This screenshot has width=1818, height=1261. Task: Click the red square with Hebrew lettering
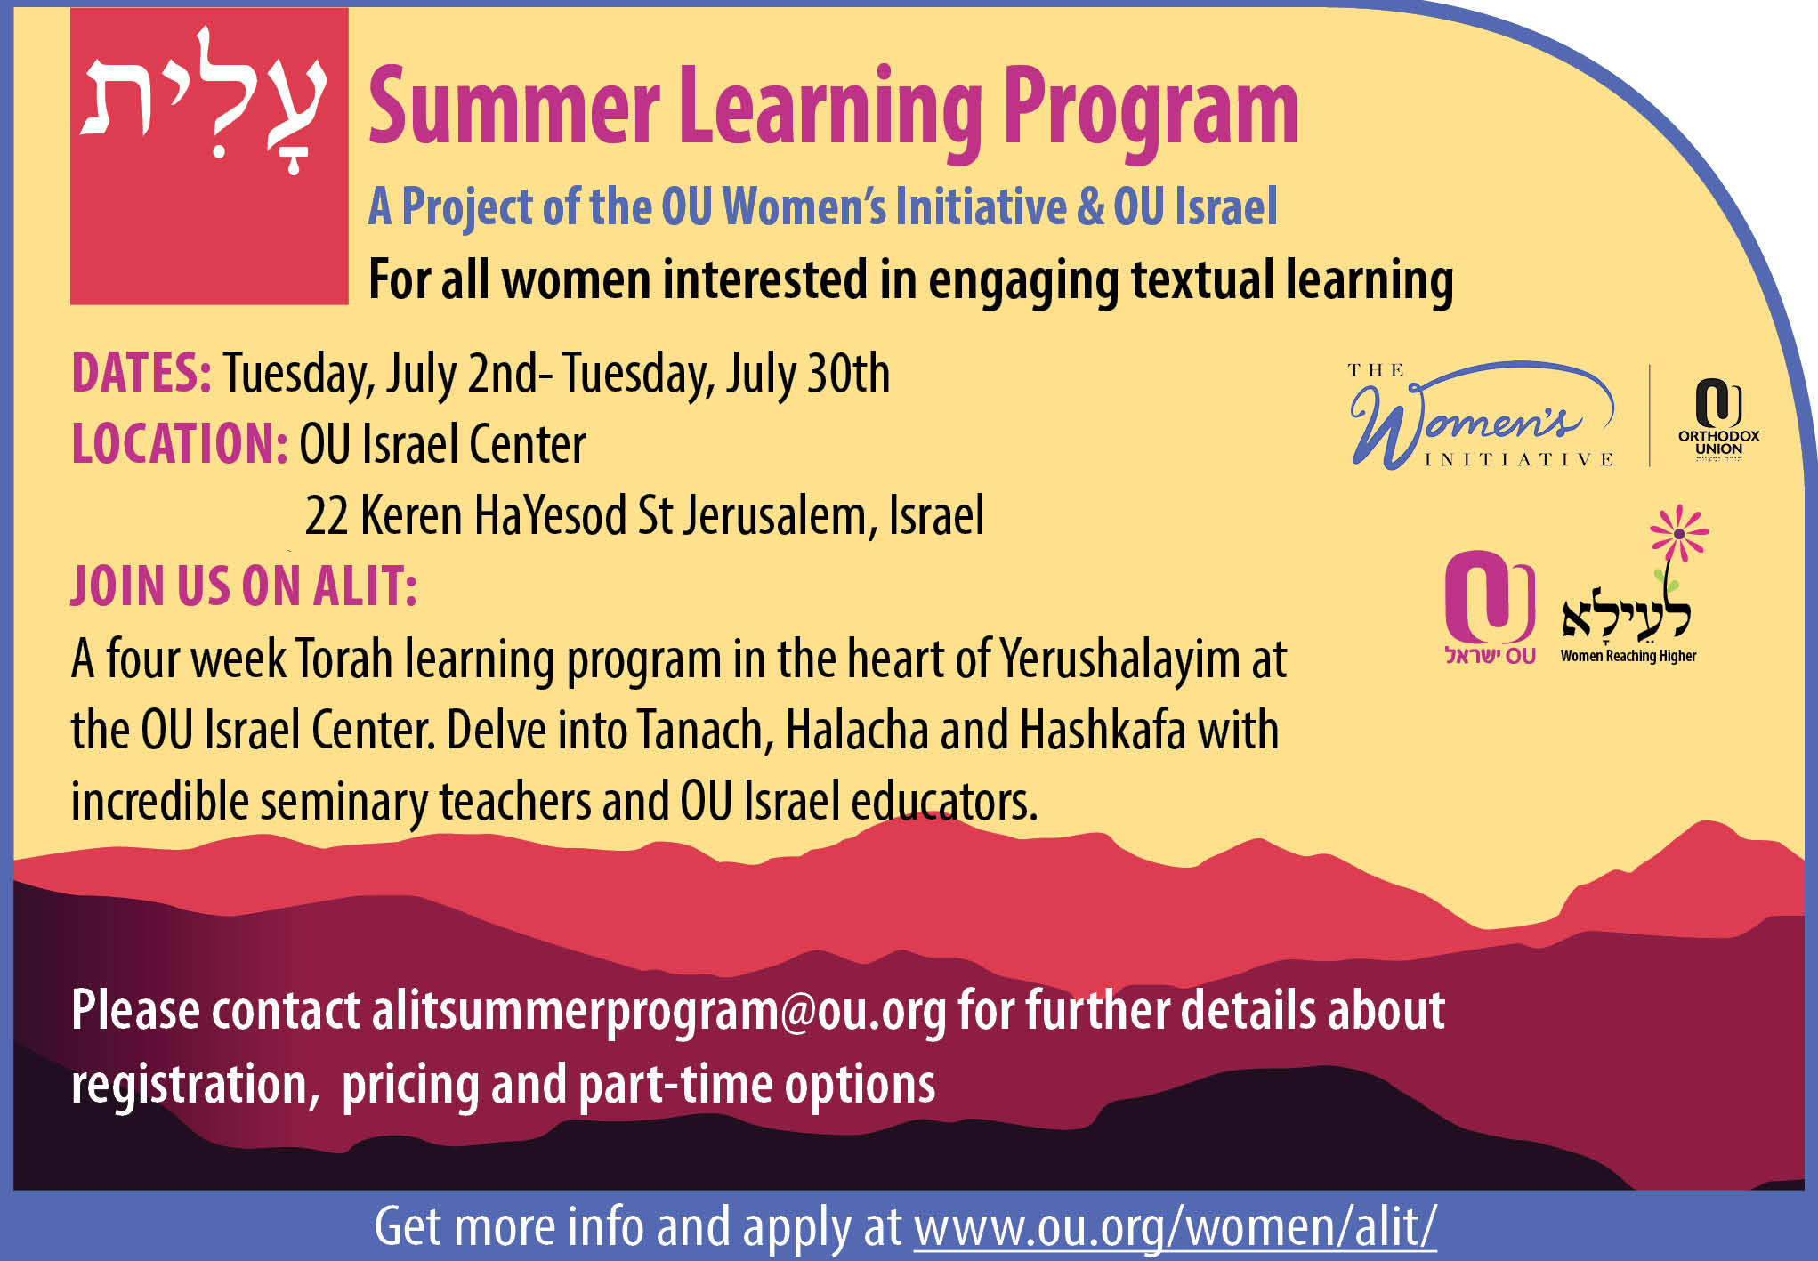pyautogui.click(x=209, y=157)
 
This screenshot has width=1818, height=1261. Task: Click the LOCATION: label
pyautogui.click(x=180, y=443)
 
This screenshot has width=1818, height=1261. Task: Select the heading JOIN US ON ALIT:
pyautogui.click(x=244, y=586)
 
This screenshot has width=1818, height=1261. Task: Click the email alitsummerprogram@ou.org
pyautogui.click(x=659, y=1012)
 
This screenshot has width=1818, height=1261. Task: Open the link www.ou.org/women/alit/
pyautogui.click(x=1175, y=1227)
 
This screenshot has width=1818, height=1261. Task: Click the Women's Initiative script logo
pyautogui.click(x=1483, y=416)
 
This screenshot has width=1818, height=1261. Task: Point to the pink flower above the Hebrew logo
pyautogui.click(x=1679, y=533)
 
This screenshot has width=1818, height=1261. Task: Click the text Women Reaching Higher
pyautogui.click(x=1628, y=656)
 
